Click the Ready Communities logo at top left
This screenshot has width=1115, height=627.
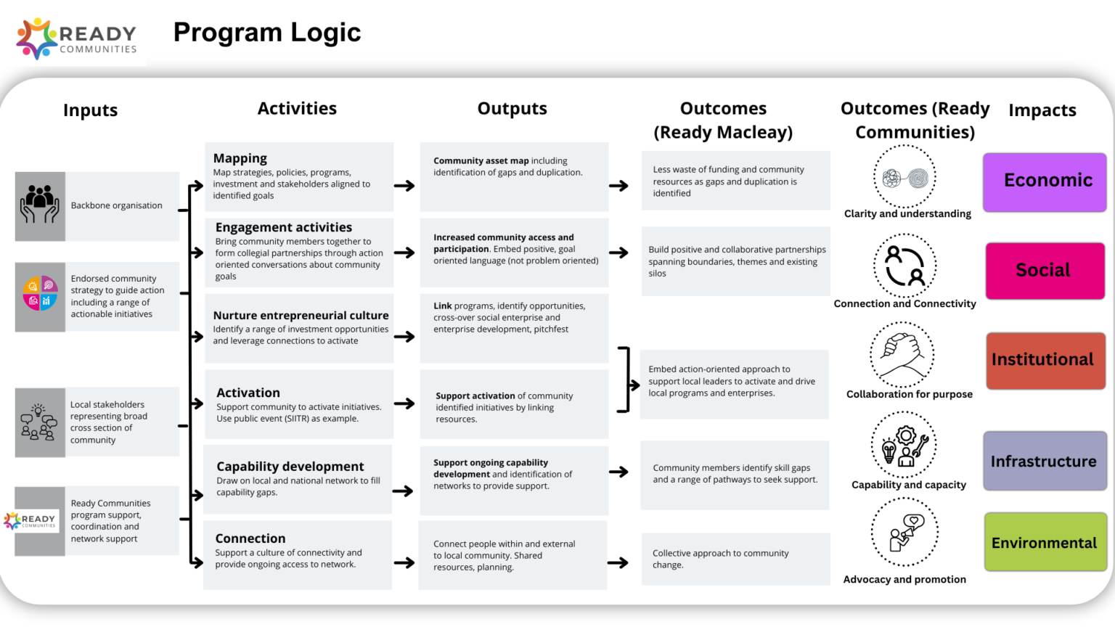tap(76, 38)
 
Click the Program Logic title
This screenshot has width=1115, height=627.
tap(267, 33)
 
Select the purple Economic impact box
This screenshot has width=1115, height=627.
tap(1045, 181)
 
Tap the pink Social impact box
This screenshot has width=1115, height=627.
tap(1045, 271)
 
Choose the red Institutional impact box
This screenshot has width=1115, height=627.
tap(1045, 360)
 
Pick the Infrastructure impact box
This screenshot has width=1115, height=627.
tap(1045, 462)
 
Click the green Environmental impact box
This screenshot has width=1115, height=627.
tap(1045, 543)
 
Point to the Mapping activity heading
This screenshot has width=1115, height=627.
tap(240, 158)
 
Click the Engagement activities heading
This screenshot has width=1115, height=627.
tap(284, 227)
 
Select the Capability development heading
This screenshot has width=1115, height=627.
tap(290, 467)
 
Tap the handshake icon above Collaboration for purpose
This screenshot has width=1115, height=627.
tap(902, 354)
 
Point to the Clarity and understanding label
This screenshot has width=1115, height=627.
tap(907, 214)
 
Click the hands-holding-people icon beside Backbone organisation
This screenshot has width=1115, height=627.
tap(40, 206)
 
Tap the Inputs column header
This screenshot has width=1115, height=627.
tap(90, 110)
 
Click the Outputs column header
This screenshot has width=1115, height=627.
tap(512, 109)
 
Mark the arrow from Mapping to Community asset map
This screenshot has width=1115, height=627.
tap(404, 186)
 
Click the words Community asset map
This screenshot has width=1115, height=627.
tap(481, 161)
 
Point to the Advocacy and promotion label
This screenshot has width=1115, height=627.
tap(904, 580)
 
